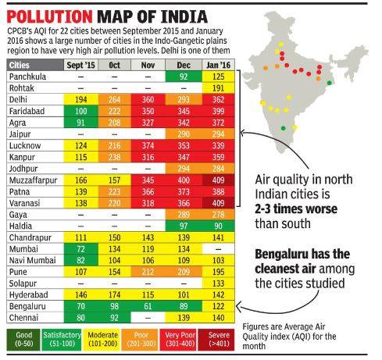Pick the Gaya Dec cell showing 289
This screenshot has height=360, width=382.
point(185,215)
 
